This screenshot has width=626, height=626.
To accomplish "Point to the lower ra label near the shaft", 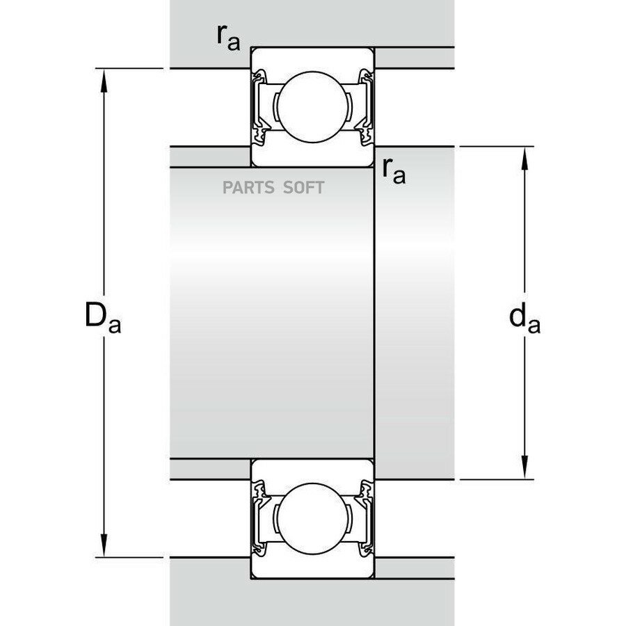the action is [394, 172].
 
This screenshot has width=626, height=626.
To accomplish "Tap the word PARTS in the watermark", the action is [248, 187].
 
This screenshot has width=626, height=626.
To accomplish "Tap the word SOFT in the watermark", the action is [304, 187].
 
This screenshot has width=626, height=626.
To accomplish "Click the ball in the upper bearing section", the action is [312, 106].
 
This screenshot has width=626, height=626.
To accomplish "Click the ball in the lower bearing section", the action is [312, 519].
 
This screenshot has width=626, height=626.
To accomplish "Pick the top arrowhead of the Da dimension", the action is [104, 81].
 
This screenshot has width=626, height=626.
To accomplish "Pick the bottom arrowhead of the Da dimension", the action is [104, 545].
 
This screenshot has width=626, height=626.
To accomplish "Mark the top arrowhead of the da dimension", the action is [524, 159].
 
